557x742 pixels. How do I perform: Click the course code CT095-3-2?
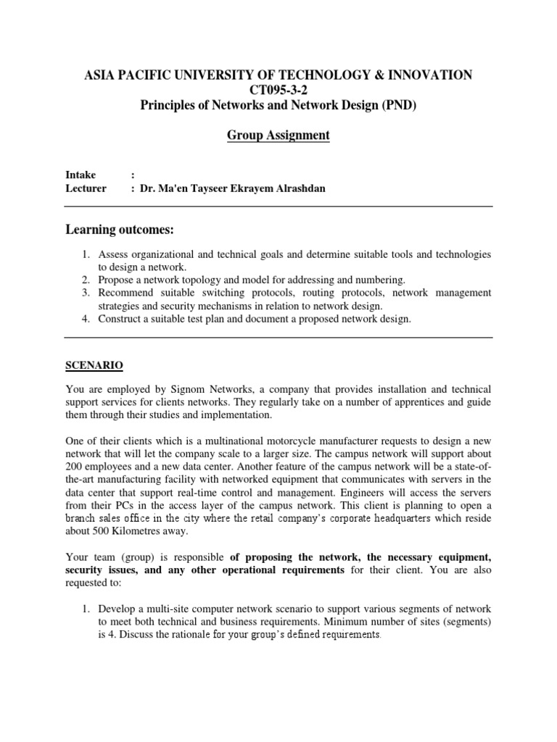(x=278, y=89)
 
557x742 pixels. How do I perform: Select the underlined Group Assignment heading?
(x=278, y=135)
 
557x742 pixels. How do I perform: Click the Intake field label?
(x=81, y=175)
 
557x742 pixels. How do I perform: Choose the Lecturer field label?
(x=86, y=188)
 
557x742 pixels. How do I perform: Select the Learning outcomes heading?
(x=120, y=230)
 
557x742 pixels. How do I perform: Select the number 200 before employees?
(x=74, y=467)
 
